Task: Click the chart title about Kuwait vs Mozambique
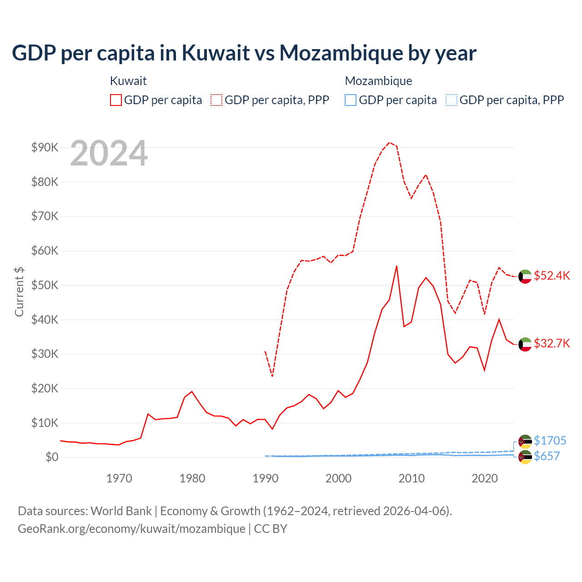point(244,53)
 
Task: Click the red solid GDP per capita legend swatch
point(116,100)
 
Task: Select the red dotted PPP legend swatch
point(216,100)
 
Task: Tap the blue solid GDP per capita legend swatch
point(351,100)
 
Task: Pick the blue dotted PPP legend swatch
point(452,100)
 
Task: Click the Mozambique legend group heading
point(378,81)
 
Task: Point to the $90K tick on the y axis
point(45,147)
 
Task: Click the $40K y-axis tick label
point(45,320)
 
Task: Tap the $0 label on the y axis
point(52,457)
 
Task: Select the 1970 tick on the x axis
point(119,478)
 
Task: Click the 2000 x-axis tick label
point(339,478)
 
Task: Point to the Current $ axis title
point(19,291)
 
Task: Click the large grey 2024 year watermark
point(109,153)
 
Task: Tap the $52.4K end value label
point(552,276)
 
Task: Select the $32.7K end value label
point(552,343)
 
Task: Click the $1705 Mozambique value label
point(550,441)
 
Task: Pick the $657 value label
point(547,456)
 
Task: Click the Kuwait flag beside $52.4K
point(525,276)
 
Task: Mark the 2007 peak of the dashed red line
point(389,142)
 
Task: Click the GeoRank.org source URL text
point(131,529)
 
